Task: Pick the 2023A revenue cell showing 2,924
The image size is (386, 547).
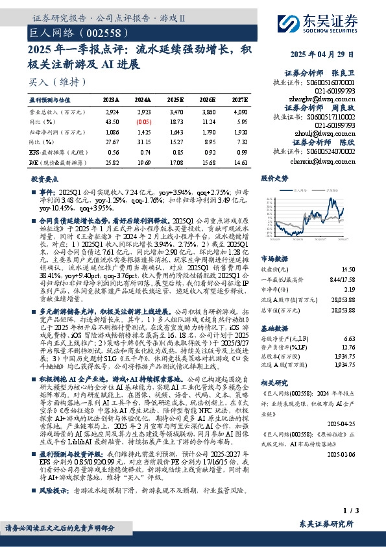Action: pos(112,112)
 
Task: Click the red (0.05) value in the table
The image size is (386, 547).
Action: pos(144,121)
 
